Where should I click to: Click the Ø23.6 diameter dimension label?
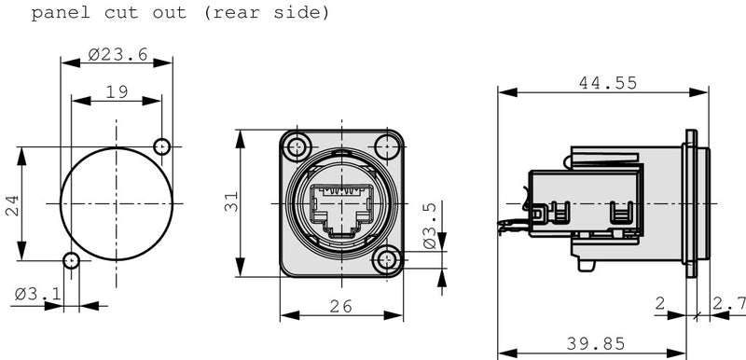[118, 54]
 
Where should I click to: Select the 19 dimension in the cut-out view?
[117, 92]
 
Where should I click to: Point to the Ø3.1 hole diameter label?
[38, 296]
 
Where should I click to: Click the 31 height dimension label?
[231, 201]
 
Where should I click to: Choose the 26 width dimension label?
[342, 305]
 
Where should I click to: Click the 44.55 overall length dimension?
[607, 83]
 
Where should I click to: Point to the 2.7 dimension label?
[728, 303]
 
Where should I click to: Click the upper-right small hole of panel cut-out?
[162, 146]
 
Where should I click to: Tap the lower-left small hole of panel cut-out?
[71, 260]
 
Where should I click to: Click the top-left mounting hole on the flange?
[298, 147]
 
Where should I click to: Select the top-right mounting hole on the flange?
[385, 147]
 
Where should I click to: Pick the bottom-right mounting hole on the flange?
[385, 261]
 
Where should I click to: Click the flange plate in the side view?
[691, 204]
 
